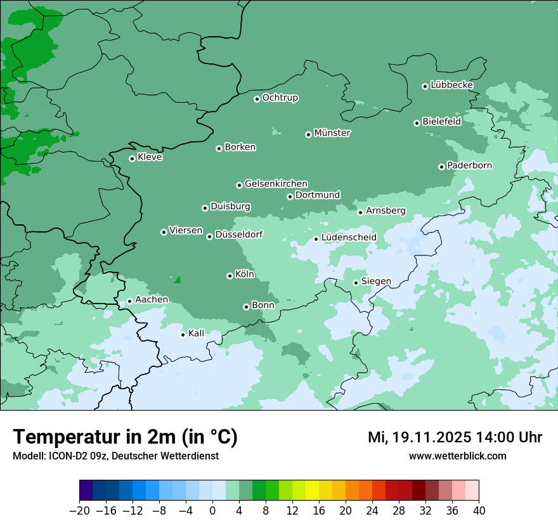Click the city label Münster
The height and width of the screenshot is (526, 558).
pos(332,133)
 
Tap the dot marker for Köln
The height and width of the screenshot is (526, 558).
pos(230,276)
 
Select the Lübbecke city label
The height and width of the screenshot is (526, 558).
pos(451,85)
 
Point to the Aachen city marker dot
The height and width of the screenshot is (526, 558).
pos(129,302)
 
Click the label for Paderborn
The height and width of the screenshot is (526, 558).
pos(469,165)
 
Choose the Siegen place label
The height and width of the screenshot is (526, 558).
pos(376,281)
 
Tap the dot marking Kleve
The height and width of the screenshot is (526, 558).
pos(132,158)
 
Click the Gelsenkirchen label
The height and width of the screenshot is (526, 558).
pos(276,184)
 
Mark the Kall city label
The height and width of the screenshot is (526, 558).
pos(197,333)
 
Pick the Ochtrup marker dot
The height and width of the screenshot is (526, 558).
pos(257,99)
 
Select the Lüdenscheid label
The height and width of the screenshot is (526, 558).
pos(349,238)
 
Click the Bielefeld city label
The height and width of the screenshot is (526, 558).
pos(441,121)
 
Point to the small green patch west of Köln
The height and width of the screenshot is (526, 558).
pos(178,279)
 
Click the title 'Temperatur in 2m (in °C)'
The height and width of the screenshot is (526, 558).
pos(125,437)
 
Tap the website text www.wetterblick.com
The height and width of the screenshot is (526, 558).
pos(457,456)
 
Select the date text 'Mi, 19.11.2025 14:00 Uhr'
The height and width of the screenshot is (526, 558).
pos(455,437)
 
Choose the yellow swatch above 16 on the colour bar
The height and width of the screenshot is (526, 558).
pos(312,491)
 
